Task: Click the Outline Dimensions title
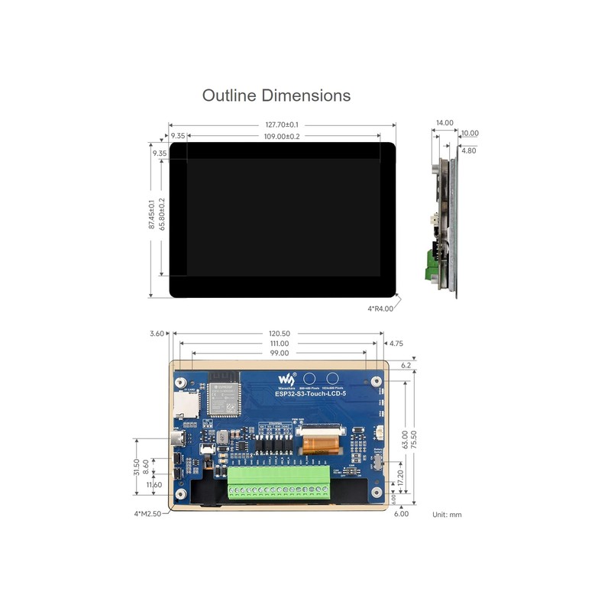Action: coord(276,95)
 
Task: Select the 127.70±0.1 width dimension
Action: coord(282,124)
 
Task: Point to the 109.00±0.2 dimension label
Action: coord(282,136)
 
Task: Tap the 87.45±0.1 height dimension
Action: coord(151,215)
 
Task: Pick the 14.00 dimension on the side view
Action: coord(445,122)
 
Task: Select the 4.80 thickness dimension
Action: coord(469,150)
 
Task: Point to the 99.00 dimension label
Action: coord(280,354)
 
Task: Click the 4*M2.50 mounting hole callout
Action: coord(147,514)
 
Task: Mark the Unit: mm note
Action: coord(447,515)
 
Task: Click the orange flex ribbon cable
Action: coord(319,444)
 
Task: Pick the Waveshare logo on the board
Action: coord(285,380)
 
